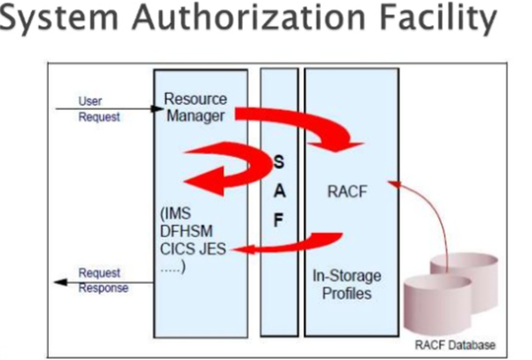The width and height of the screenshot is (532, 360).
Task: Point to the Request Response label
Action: [x=103, y=279]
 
